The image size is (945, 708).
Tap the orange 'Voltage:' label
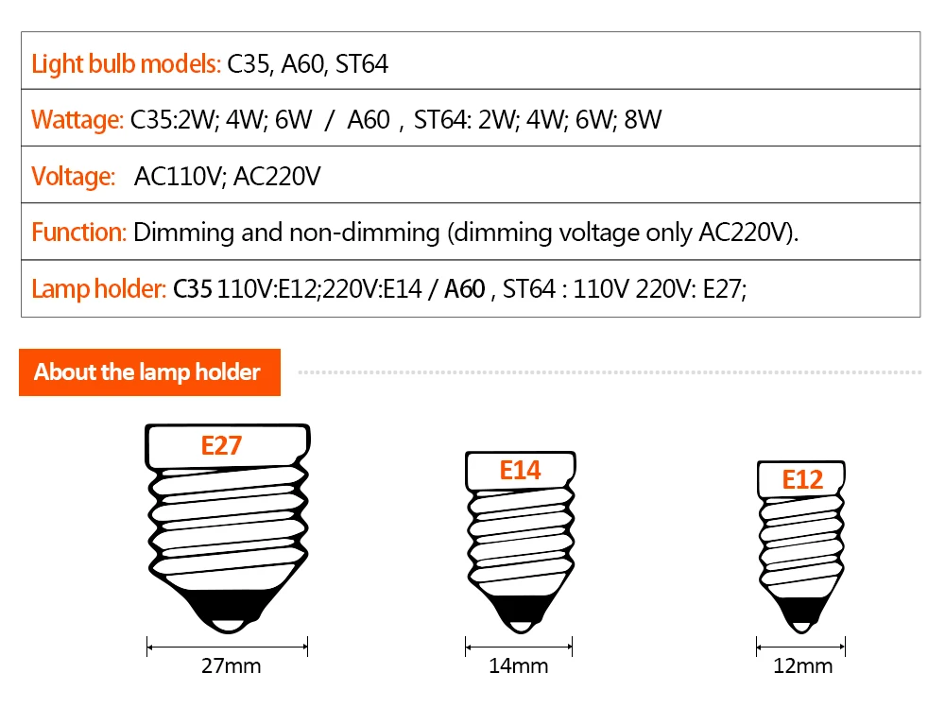(73, 177)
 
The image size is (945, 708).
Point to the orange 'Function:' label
(78, 233)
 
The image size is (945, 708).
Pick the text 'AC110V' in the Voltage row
(177, 177)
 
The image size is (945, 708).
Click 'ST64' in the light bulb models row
(362, 64)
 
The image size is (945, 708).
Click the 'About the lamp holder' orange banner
(147, 372)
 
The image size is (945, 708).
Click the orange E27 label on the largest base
(221, 445)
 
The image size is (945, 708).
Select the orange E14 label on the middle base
(519, 470)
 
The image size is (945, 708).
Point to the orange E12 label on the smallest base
(801, 479)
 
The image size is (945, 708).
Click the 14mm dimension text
(518, 665)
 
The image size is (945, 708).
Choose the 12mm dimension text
(802, 665)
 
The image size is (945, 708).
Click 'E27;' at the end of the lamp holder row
(724, 289)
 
